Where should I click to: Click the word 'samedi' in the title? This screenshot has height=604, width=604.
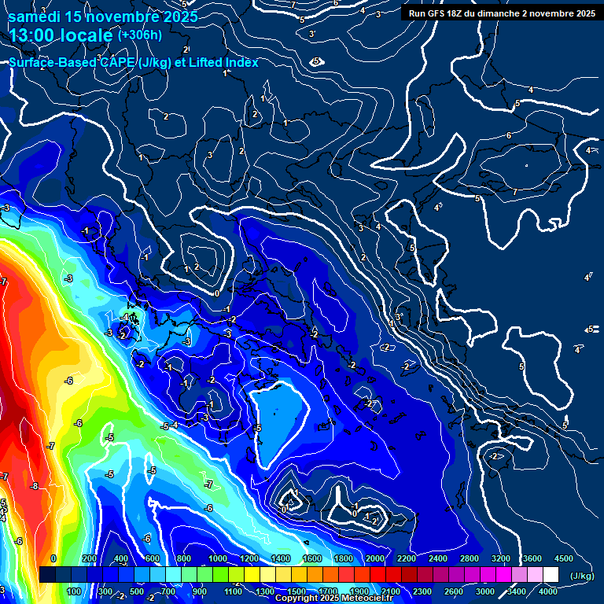pyautogui.click(x=35, y=17)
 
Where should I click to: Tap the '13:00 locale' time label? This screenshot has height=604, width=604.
pyautogui.click(x=61, y=35)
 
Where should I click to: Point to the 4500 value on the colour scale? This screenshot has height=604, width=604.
pyautogui.click(x=564, y=558)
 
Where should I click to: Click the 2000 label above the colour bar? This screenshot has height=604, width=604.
pyautogui.click(x=375, y=558)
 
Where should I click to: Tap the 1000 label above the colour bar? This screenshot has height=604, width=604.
pyautogui.click(x=218, y=558)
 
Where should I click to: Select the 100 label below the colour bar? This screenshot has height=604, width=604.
pyautogui.click(x=75, y=591)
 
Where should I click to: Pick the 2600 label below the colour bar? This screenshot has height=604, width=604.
pyautogui.click(x=454, y=591)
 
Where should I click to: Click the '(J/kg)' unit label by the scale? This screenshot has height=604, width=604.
pyautogui.click(x=581, y=576)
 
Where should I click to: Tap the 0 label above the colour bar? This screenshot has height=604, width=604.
pyautogui.click(x=53, y=558)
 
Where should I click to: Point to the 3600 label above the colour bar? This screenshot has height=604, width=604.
pyautogui.click(x=532, y=558)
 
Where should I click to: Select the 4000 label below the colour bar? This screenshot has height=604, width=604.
pyautogui.click(x=548, y=591)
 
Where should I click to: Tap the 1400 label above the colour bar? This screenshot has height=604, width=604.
pyautogui.click(x=281, y=558)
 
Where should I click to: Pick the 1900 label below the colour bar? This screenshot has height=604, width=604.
pyautogui.click(x=359, y=591)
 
